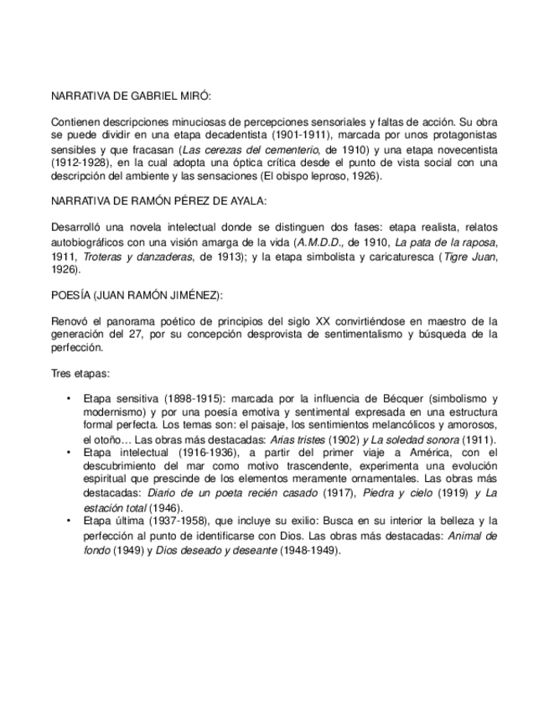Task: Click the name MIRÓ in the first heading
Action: (206, 97)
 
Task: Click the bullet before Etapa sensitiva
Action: (68, 400)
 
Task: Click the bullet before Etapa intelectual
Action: (68, 454)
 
